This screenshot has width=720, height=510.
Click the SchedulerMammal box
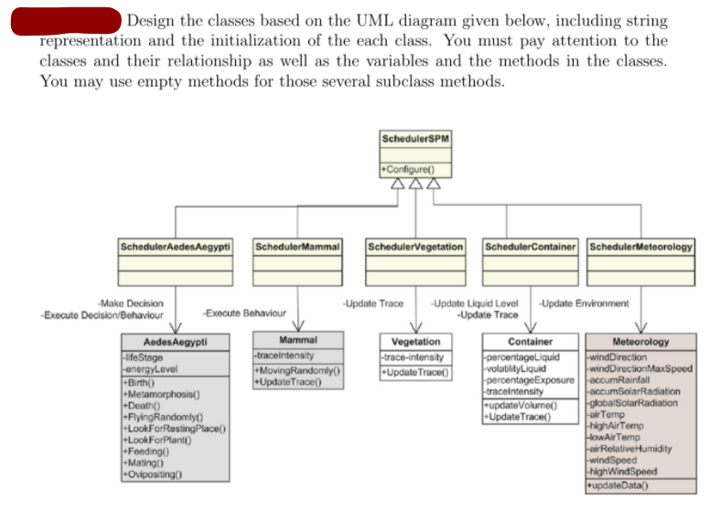(x=297, y=246)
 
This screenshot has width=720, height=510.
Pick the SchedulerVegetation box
(x=415, y=246)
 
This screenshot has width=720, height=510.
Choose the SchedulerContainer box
(x=531, y=246)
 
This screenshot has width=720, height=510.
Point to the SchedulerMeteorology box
(x=640, y=246)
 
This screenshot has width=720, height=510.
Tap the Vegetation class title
(x=415, y=342)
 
